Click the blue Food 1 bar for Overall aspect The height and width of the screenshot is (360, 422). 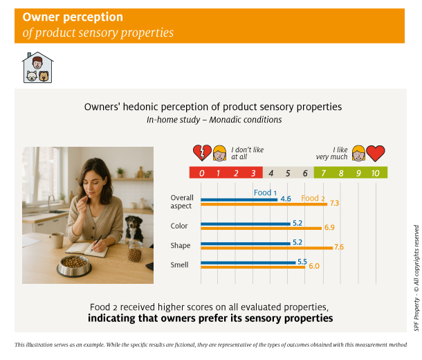pyautogui.click(x=239, y=200)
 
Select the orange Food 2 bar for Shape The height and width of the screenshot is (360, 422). pyautogui.click(x=267, y=248)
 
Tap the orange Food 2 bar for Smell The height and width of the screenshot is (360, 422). pyautogui.click(x=253, y=267)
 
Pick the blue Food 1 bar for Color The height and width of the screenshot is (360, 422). pyautogui.click(x=246, y=224)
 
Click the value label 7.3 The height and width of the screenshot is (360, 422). pyautogui.click(x=335, y=203)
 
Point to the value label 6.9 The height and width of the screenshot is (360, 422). pyautogui.click(x=329, y=228)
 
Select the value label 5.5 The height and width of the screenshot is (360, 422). pyautogui.click(x=302, y=262)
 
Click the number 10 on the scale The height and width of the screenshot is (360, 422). pyautogui.click(x=376, y=173)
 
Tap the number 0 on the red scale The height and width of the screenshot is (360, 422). pyautogui.click(x=201, y=173)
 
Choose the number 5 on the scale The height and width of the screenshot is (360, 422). pyautogui.click(x=288, y=173)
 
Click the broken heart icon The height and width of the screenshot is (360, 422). pyautogui.click(x=202, y=153)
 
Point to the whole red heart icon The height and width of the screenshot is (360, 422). pyautogui.click(x=376, y=153)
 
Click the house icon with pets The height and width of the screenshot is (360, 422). pyautogui.click(x=37, y=67)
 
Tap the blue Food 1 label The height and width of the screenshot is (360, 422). pyautogui.click(x=265, y=192)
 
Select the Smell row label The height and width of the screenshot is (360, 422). pyautogui.click(x=179, y=265)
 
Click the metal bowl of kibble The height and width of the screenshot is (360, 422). pyautogui.click(x=74, y=266)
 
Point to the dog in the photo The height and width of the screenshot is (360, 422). pyautogui.click(x=134, y=229)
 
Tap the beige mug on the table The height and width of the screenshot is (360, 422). pyautogui.click(x=56, y=240)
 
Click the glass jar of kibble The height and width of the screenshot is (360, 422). pyautogui.click(x=135, y=251)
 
